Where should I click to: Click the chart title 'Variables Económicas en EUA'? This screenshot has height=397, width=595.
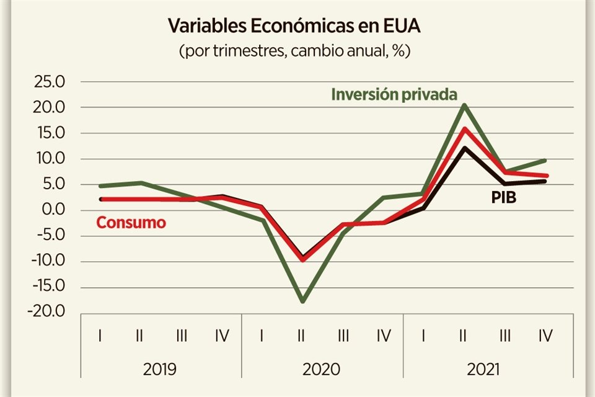tap(295, 27)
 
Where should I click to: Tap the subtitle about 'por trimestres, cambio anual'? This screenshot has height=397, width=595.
tap(295, 51)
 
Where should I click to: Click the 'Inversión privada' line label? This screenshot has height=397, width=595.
tap(394, 95)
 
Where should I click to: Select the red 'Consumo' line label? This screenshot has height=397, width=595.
tap(131, 223)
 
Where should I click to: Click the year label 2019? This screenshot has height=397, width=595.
tap(160, 370)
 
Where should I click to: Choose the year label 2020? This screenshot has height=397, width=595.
tap(322, 370)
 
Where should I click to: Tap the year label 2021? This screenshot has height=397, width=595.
tap(483, 370)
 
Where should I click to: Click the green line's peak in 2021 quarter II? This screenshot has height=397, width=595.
tap(464, 105)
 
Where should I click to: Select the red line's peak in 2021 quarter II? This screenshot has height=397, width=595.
tap(464, 129)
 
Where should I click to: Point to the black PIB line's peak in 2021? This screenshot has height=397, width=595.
tap(464, 148)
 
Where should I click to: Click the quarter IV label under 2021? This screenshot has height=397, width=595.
tap(545, 336)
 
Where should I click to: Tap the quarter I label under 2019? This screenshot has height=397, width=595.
tap(100, 336)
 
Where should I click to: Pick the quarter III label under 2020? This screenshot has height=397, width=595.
tap(343, 336)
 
